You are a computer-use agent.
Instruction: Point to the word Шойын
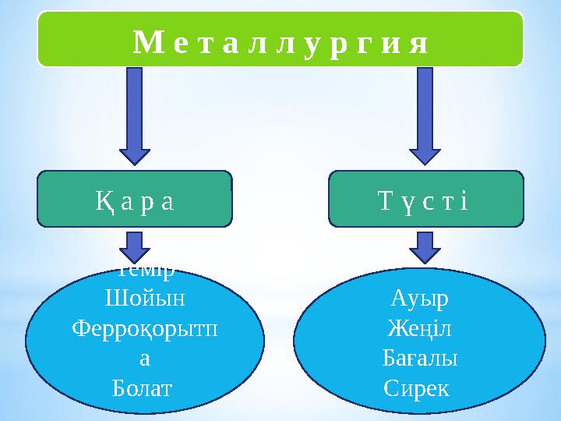point(145,299)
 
